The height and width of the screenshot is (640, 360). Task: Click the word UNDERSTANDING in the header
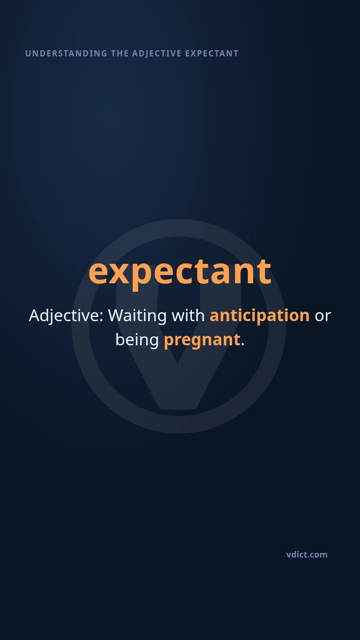pyautogui.click(x=66, y=54)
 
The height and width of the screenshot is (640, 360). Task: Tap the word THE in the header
pyautogui.click(x=120, y=54)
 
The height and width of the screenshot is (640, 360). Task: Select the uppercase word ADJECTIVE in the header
pyautogui.click(x=157, y=54)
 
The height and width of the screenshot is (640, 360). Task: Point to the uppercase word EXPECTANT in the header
pyautogui.click(x=212, y=54)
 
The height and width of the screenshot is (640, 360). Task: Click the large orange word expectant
pyautogui.click(x=180, y=273)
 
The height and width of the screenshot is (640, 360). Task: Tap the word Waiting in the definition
pyautogui.click(x=137, y=316)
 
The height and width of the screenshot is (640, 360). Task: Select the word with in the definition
pyautogui.click(x=188, y=315)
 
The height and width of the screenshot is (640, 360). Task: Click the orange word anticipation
pyautogui.click(x=260, y=316)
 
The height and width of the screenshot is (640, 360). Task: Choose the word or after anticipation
pyautogui.click(x=323, y=317)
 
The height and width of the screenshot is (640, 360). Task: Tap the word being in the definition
pyautogui.click(x=137, y=340)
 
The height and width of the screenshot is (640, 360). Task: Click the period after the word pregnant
pyautogui.click(x=243, y=345)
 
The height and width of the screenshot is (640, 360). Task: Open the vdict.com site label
pyautogui.click(x=307, y=555)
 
